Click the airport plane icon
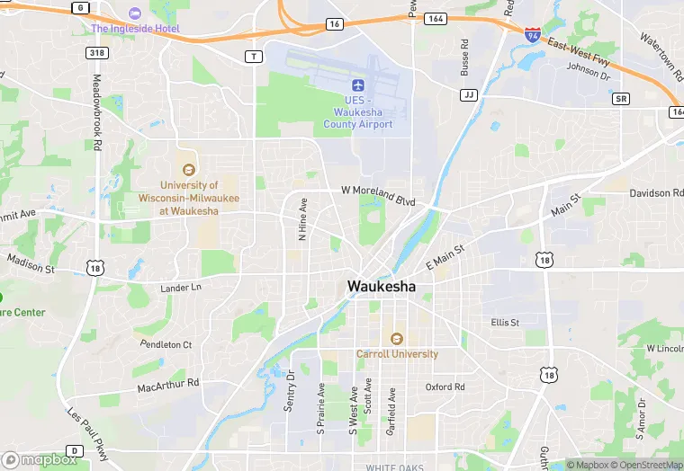(x=358, y=84)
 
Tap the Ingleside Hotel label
(x=135, y=28)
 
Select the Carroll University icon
(x=396, y=338)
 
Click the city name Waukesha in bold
(x=382, y=287)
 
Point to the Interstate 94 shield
(x=533, y=35)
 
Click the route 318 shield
(x=97, y=53)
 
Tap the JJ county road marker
(x=468, y=94)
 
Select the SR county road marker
(x=620, y=98)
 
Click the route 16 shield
(x=334, y=23)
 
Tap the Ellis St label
(x=505, y=322)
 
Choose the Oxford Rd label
(x=445, y=387)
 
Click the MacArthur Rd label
(x=168, y=385)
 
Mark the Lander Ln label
(x=180, y=288)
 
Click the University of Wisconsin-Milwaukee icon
(x=188, y=169)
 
